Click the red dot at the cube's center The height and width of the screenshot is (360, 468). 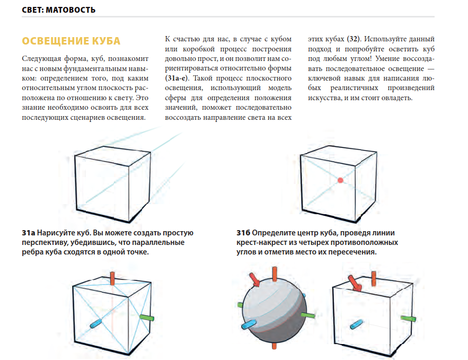[340, 180]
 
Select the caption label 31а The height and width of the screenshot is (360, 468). [29, 233]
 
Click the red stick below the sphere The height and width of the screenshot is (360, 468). [273, 346]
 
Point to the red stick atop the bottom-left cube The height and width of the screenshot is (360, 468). [112, 279]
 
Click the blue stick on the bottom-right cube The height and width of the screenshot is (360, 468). [357, 323]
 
